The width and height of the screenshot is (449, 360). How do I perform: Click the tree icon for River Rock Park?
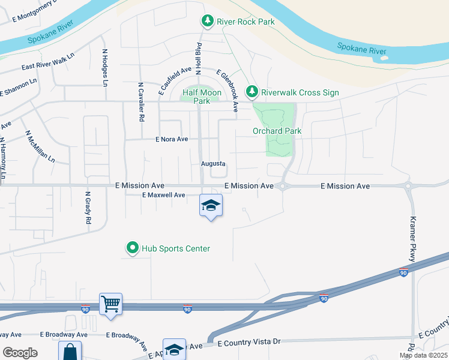tap(208, 22)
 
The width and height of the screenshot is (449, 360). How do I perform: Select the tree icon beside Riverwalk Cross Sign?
tap(253, 92)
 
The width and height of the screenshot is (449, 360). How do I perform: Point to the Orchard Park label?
tap(277, 131)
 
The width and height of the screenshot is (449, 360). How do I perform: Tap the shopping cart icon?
tap(111, 304)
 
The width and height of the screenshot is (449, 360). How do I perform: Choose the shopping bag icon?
tap(70, 350)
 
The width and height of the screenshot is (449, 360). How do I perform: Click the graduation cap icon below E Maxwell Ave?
tap(211, 206)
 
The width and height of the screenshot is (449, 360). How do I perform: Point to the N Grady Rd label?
tap(88, 208)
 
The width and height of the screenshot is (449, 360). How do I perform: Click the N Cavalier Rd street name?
tap(141, 103)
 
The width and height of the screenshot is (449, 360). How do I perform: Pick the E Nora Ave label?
tap(172, 139)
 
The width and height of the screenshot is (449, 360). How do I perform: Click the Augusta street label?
tap(213, 163)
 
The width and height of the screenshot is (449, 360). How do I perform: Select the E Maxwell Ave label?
tap(163, 195)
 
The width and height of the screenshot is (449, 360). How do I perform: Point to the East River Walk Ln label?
tap(48, 62)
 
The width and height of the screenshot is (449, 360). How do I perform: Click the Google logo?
tap(20, 352)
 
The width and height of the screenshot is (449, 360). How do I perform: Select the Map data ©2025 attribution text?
tap(423, 355)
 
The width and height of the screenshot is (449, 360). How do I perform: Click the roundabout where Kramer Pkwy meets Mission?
tap(409, 186)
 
